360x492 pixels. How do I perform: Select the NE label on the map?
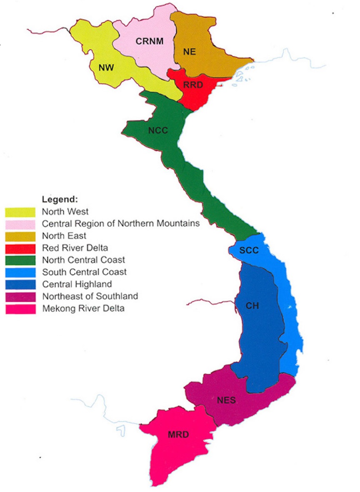(190, 52)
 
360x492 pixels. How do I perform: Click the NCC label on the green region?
(158, 130)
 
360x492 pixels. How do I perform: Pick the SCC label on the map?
(250, 251)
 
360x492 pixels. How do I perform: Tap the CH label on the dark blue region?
(252, 306)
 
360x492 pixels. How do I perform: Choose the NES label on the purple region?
(226, 400)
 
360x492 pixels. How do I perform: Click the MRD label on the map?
(178, 435)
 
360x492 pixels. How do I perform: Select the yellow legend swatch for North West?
(20, 212)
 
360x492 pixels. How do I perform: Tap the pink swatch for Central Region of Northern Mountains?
(20, 224)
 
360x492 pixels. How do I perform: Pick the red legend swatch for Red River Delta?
(20, 248)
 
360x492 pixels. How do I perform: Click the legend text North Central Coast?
(83, 260)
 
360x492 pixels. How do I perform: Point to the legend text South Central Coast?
(84, 272)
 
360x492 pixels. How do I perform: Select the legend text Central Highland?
(77, 284)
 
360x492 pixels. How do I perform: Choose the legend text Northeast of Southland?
(90, 296)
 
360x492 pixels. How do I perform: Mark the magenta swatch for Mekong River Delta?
(20, 309)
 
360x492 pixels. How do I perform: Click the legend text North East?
(64, 236)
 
